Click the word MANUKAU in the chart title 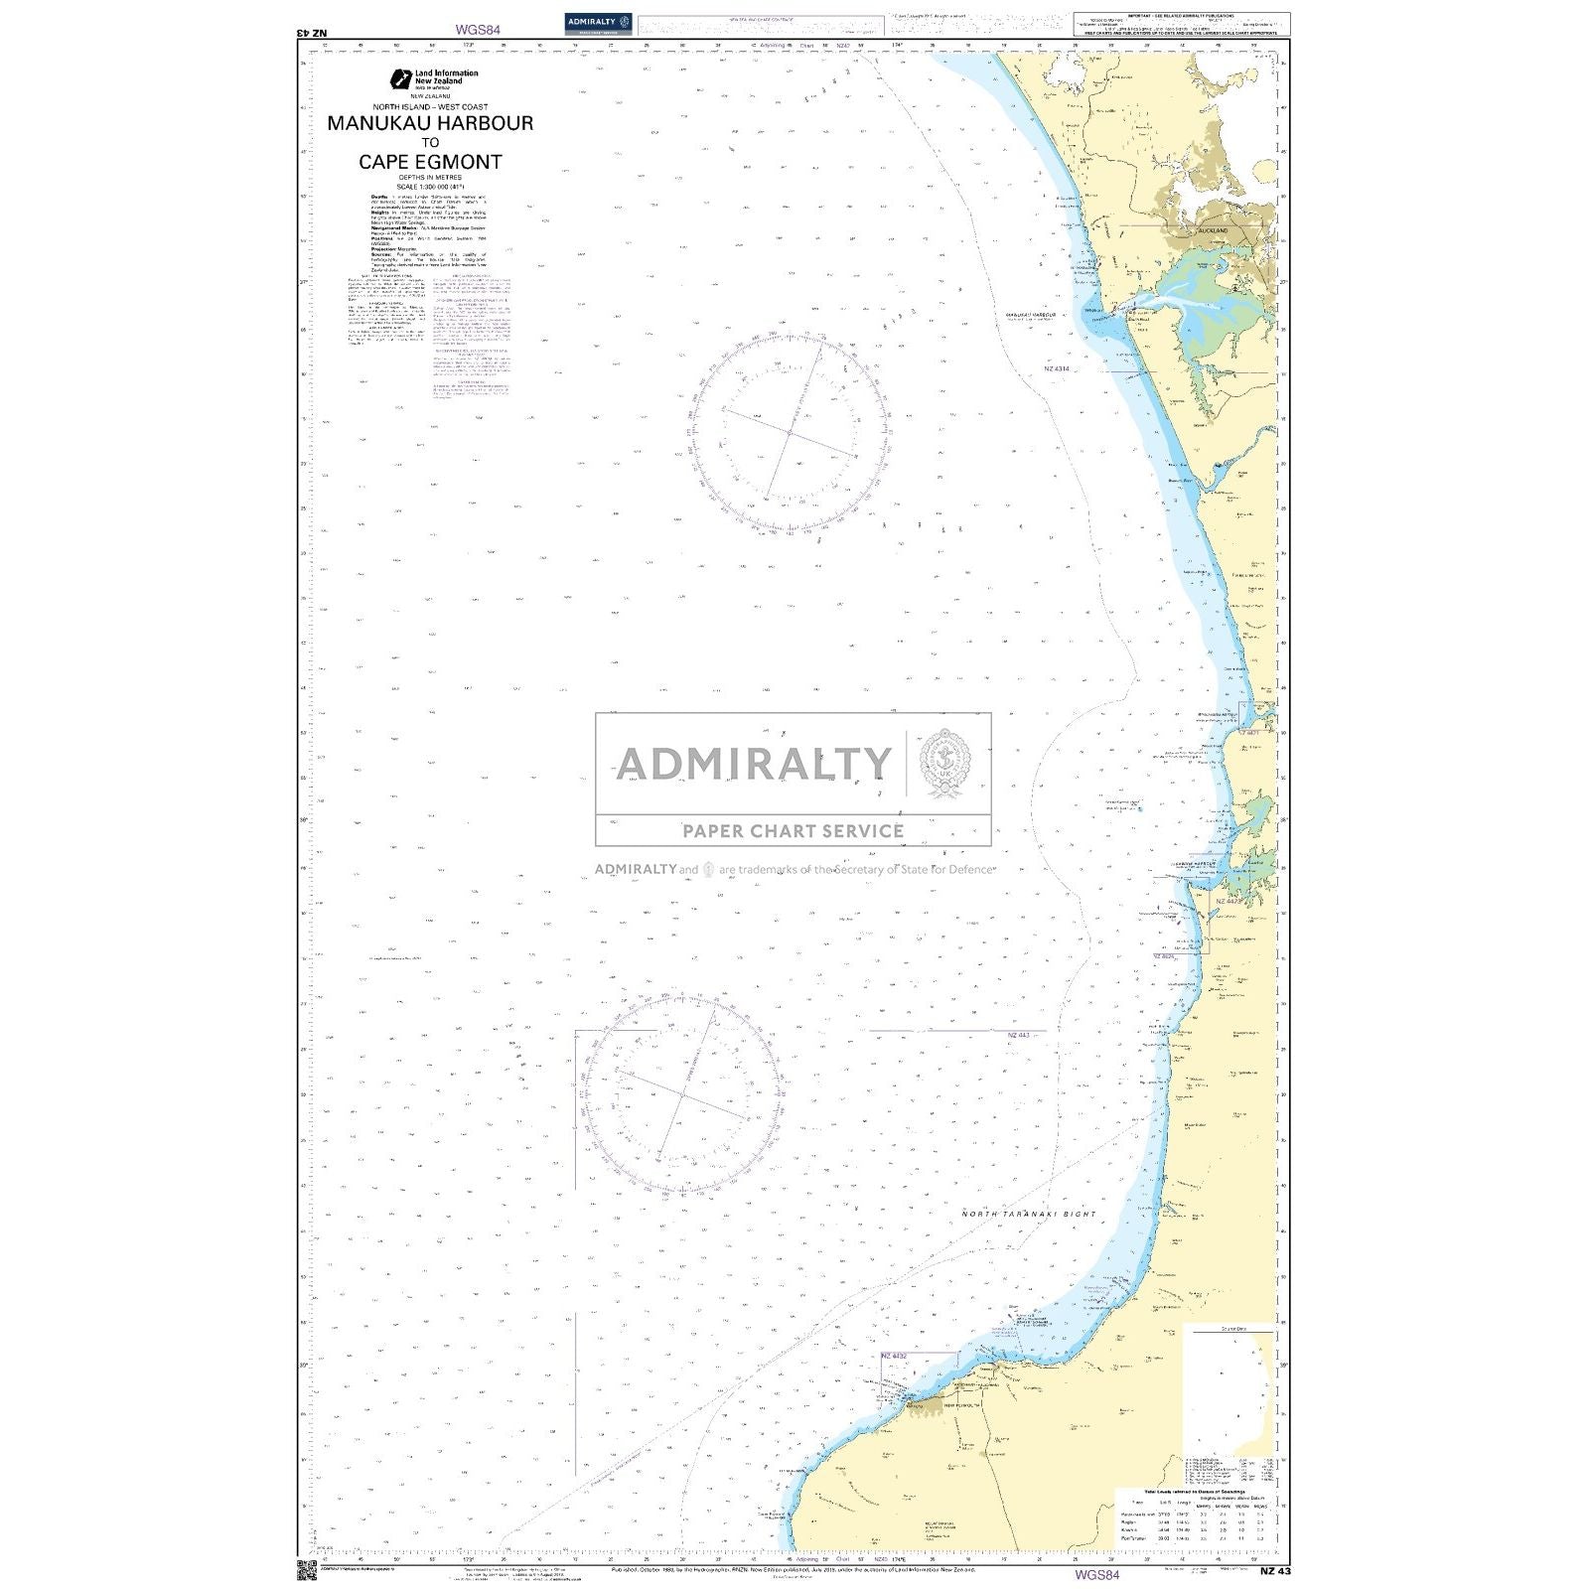(372, 123)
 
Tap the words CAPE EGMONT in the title (430, 162)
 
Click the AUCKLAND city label (1213, 230)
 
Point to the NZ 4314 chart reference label (1057, 369)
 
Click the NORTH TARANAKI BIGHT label (1029, 1214)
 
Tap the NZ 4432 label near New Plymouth (894, 1357)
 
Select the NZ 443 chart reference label (1019, 1035)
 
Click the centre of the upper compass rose (790, 432)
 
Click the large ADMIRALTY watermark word (754, 764)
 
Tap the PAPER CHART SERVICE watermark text (793, 831)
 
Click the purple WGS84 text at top (478, 31)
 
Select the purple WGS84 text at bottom (1095, 1574)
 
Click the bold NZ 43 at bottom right (1274, 1571)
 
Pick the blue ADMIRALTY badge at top (598, 22)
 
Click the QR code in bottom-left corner (306, 1569)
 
